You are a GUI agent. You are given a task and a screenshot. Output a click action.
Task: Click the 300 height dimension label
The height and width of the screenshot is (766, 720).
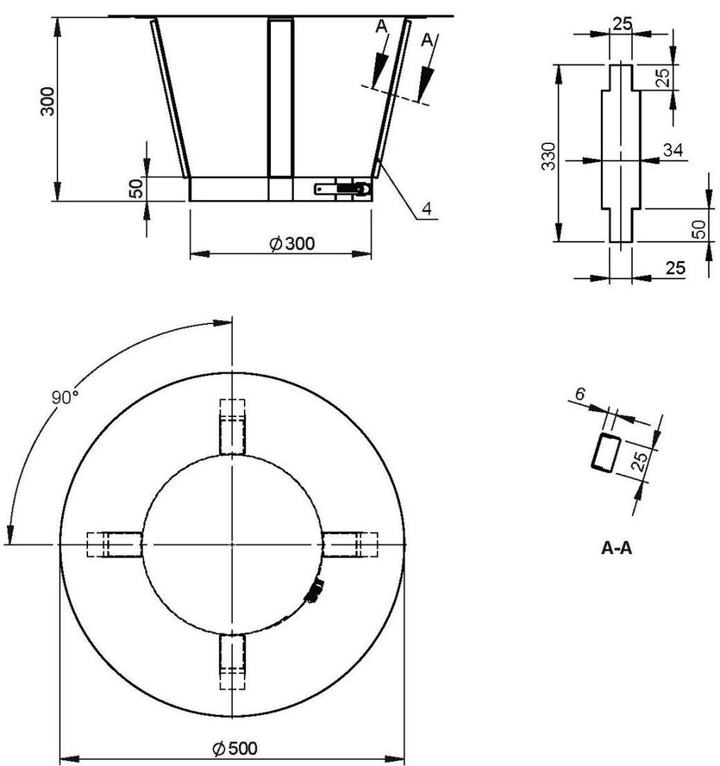pyautogui.click(x=48, y=101)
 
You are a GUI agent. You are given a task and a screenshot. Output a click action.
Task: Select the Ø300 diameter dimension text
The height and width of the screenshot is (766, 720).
pyautogui.click(x=292, y=243)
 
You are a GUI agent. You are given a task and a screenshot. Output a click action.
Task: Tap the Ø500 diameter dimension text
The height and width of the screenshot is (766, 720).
pyautogui.click(x=235, y=748)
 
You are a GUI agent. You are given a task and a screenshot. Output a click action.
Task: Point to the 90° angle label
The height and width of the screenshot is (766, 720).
pyautogui.click(x=65, y=397)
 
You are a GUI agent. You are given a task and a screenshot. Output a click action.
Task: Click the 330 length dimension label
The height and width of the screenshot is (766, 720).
pyautogui.click(x=549, y=156)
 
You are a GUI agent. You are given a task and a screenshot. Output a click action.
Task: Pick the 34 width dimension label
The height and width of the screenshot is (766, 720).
pyautogui.click(x=672, y=150)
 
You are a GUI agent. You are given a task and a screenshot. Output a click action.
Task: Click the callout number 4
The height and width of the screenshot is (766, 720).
pyautogui.click(x=427, y=209)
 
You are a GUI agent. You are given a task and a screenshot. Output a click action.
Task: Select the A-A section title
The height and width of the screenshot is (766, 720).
pyautogui.click(x=616, y=548)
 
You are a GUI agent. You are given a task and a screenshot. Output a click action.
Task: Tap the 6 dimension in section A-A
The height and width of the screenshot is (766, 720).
pyautogui.click(x=580, y=393)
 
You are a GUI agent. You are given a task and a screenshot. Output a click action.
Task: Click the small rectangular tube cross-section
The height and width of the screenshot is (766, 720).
pyautogui.click(x=606, y=453)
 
